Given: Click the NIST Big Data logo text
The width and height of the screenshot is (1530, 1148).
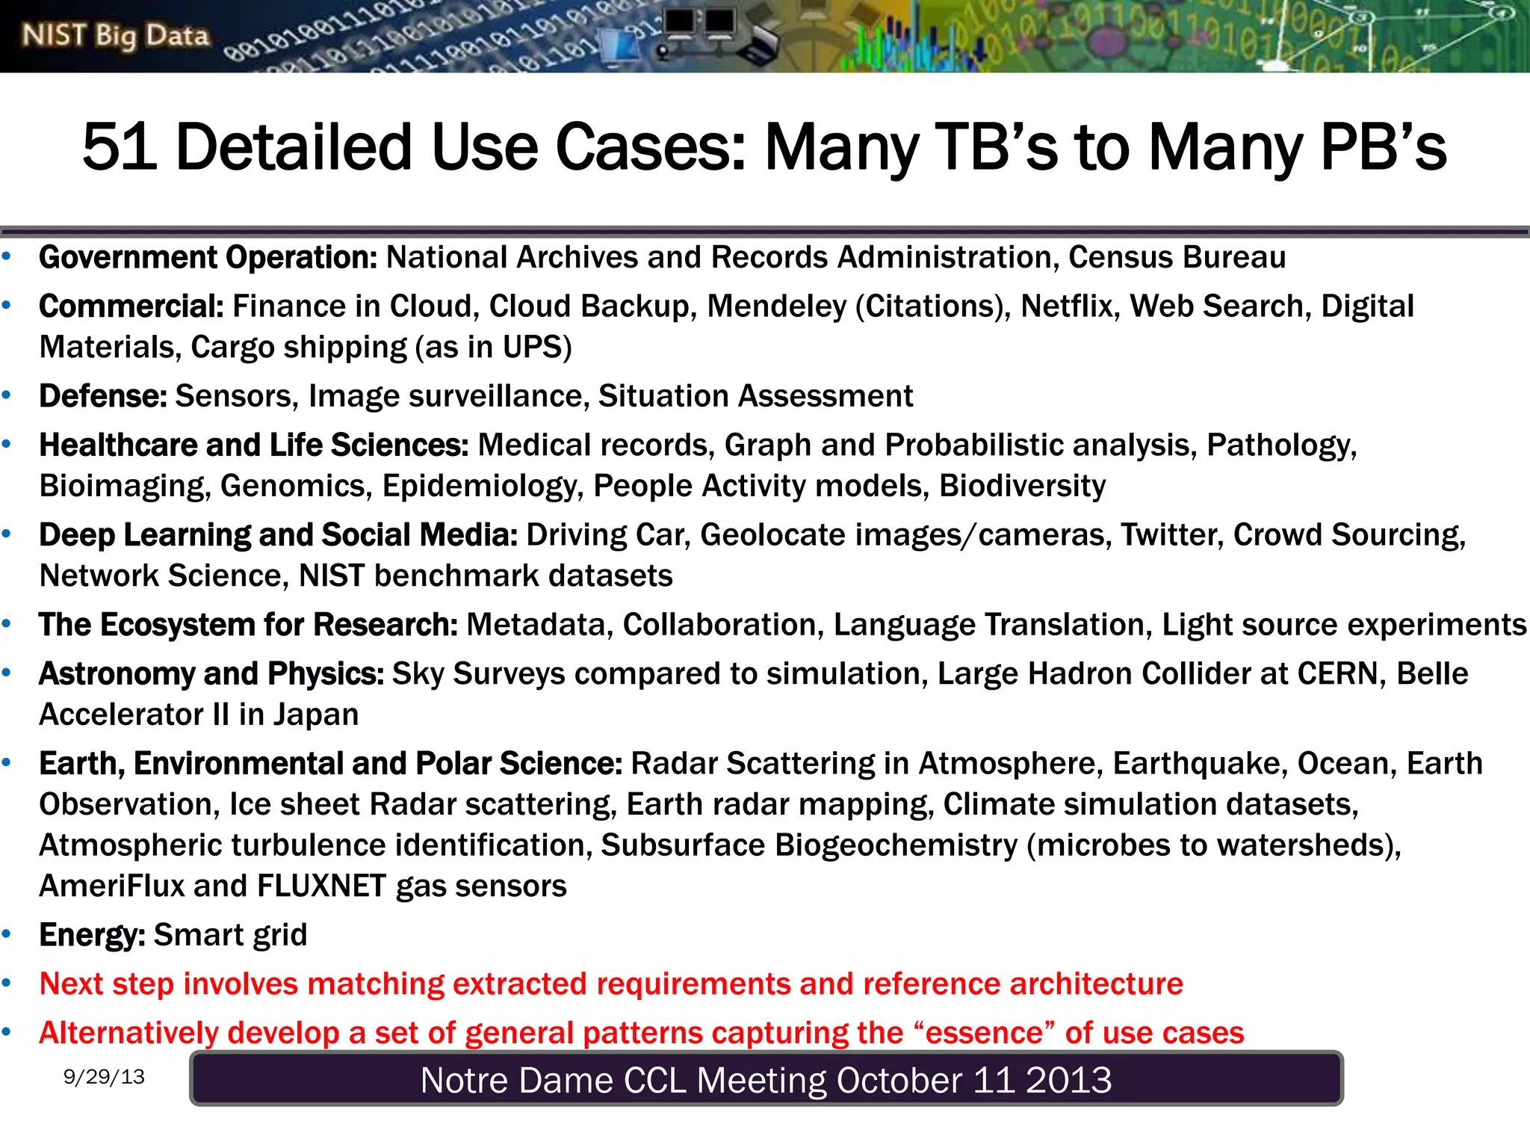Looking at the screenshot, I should click(x=115, y=36).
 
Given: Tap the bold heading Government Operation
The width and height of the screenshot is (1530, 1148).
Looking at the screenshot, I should click(x=208, y=258).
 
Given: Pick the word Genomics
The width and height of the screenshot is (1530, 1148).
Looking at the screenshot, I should click(x=296, y=487).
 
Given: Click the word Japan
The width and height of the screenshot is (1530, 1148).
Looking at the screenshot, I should click(x=315, y=715).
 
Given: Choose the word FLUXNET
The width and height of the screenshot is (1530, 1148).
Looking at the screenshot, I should click(x=322, y=886).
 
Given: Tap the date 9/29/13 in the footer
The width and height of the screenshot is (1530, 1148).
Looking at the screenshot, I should click(x=104, y=1077).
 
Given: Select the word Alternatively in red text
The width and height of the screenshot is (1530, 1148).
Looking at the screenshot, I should click(x=128, y=1033).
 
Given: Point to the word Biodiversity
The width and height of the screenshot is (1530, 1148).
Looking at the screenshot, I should click(x=1022, y=487).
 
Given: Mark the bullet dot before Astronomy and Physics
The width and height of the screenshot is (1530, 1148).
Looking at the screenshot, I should click(x=7, y=673).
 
